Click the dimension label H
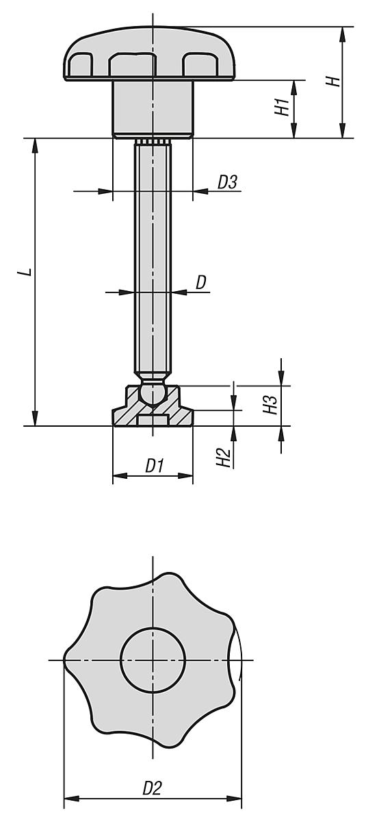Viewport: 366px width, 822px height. [333, 82]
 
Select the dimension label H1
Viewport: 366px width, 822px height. [282, 108]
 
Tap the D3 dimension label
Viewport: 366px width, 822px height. [227, 182]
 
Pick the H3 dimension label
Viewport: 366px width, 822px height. [272, 404]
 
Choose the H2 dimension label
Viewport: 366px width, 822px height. [222, 458]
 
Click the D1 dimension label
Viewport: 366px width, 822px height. [154, 466]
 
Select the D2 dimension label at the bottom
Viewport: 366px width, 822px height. [152, 788]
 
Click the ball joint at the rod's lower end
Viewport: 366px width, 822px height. [152, 393]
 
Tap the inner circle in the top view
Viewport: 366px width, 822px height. [153, 660]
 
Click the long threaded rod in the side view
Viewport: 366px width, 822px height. [152, 260]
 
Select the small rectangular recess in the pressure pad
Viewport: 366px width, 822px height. [152, 420]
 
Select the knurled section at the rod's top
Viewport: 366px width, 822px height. [152, 142]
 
